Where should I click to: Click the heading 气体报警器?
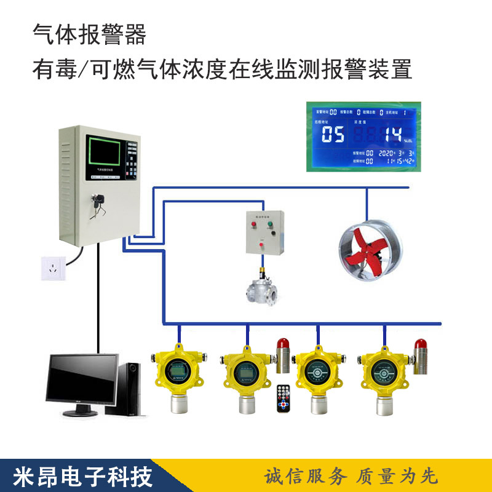point(89,35)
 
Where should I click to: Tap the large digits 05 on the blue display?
point(333,135)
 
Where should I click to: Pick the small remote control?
point(283,399)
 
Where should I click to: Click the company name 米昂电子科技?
point(73,476)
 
